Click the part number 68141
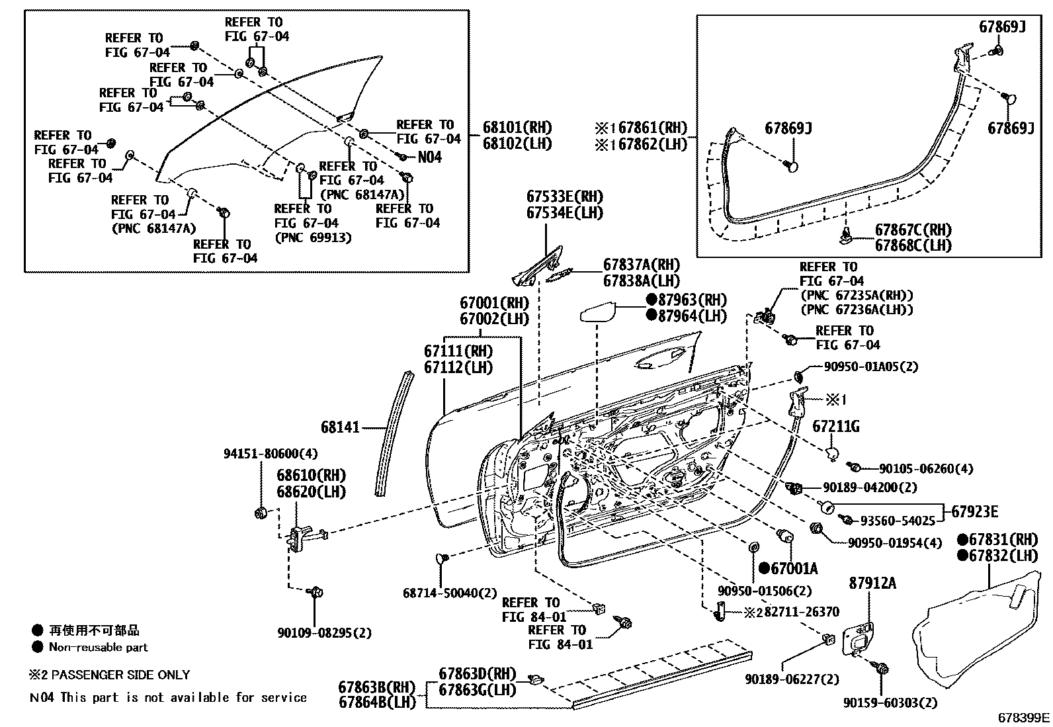340,427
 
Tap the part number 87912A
872,583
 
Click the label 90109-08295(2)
324,633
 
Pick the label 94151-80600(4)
261,454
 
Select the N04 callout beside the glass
429,157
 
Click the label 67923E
975,511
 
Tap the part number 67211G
835,427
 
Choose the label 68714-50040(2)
449,593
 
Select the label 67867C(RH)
913,230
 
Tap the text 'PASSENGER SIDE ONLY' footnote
120,675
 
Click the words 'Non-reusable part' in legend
98,648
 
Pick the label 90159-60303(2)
890,703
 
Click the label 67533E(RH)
564,197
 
